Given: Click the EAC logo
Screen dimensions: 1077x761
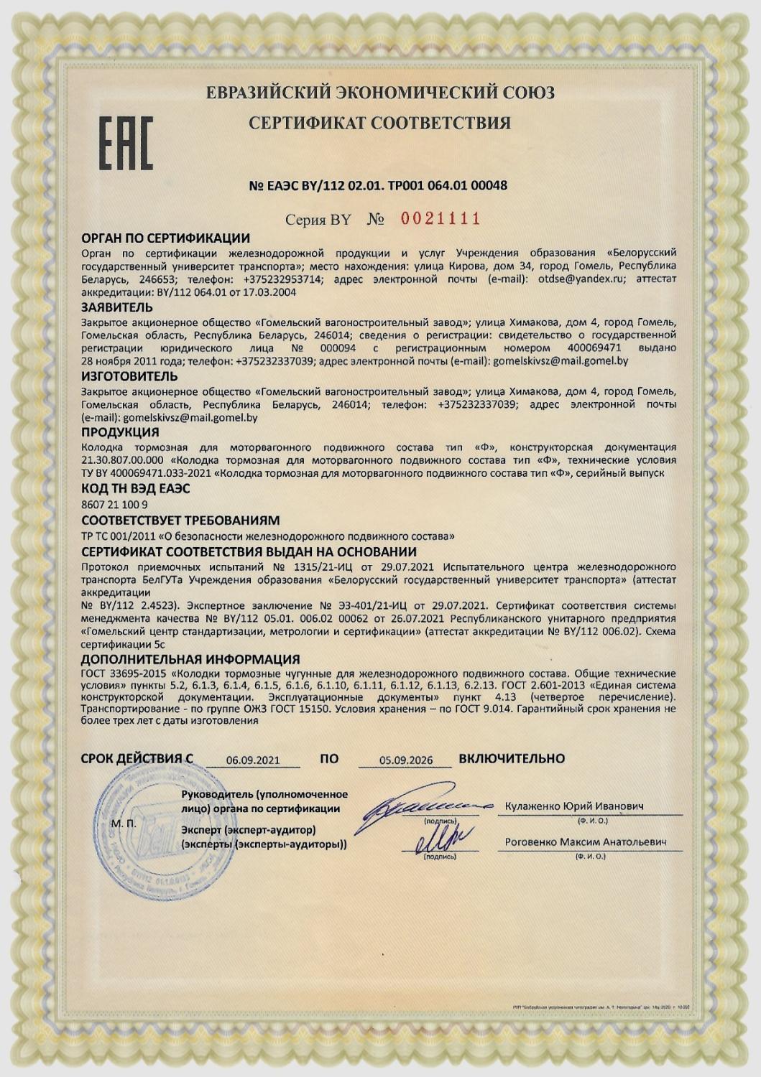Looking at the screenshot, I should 126,144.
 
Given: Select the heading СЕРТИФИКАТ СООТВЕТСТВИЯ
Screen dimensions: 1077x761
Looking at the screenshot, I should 379,123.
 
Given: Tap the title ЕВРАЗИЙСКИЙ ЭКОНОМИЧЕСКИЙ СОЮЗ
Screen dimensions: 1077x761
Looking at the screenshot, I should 380,93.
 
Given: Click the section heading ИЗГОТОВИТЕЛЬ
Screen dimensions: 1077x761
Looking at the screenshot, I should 129,376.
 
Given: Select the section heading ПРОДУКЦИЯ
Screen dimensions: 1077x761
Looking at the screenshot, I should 120,432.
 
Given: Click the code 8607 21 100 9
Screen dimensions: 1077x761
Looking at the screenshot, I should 115,505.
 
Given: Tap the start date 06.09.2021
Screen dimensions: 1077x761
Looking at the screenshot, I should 253,760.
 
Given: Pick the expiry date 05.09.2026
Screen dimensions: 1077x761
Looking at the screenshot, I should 406,760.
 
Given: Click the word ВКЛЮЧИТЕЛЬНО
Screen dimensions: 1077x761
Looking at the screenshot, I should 512,758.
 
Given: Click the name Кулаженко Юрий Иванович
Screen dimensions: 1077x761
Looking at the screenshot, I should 575,806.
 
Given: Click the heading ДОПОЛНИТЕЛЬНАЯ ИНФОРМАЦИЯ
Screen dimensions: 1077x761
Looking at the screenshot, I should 190,659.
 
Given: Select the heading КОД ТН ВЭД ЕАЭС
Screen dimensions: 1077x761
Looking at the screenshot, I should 135,489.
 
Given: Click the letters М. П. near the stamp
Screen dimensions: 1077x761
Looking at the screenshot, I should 124,824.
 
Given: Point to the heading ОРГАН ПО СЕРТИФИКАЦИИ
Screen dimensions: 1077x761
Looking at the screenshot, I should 165,238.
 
